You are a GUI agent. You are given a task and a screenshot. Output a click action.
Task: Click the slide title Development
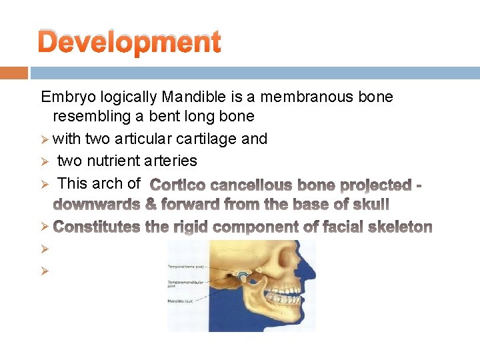129,42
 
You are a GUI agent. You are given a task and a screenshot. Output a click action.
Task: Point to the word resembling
90,117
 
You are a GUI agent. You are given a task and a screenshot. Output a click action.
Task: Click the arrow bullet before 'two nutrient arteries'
45,161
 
